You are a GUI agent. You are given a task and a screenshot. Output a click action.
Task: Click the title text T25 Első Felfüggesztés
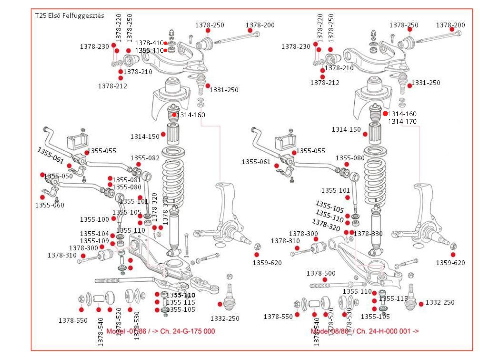pos(69,15)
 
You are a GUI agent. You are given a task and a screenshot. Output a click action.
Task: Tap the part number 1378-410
pos(149,43)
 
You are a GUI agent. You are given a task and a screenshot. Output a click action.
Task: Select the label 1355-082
pos(145,158)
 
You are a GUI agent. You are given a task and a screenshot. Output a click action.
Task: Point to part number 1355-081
pos(127,180)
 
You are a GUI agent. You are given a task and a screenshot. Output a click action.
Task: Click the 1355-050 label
pos(58,176)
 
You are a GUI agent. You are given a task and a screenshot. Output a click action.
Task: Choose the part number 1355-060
pos(49,205)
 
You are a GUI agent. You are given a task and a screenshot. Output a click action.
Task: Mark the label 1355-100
pos(94,219)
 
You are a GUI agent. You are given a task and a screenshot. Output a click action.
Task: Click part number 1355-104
pos(94,234)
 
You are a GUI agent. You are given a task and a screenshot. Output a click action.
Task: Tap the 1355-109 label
pos(94,241)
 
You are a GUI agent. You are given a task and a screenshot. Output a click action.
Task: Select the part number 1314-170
pos(402,121)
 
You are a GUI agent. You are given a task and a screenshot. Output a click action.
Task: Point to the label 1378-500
pos(321,273)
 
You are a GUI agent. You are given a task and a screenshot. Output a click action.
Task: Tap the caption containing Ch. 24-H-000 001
pos(365,331)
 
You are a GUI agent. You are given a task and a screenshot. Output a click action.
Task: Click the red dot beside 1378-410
pos(166,43)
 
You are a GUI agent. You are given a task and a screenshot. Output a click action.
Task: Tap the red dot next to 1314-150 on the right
pos(365,134)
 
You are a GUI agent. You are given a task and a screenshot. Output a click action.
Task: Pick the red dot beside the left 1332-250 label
pos(220,304)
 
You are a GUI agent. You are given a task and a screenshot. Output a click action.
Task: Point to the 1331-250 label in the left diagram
pos(224,90)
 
